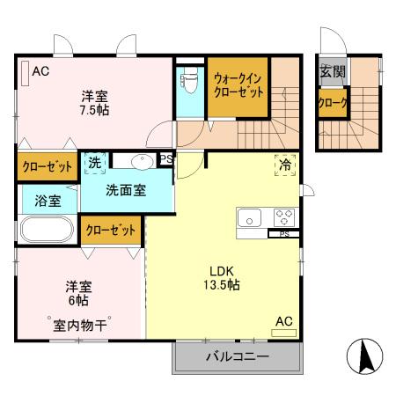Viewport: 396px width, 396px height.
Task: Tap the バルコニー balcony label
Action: click(x=238, y=356)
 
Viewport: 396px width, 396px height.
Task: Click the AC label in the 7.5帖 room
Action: click(x=40, y=72)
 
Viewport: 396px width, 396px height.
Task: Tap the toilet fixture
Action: click(x=187, y=86)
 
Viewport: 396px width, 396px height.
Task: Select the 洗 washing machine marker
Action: click(x=94, y=164)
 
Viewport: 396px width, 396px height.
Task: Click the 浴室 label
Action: click(x=48, y=201)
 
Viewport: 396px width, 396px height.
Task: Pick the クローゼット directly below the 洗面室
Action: click(x=112, y=231)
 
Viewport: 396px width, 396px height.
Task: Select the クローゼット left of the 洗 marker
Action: click(x=48, y=165)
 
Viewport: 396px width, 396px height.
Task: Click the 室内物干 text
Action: click(x=77, y=326)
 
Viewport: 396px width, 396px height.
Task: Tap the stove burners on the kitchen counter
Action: click(x=284, y=216)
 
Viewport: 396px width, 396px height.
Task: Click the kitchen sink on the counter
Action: click(x=247, y=216)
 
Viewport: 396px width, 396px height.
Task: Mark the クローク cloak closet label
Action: click(x=333, y=103)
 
